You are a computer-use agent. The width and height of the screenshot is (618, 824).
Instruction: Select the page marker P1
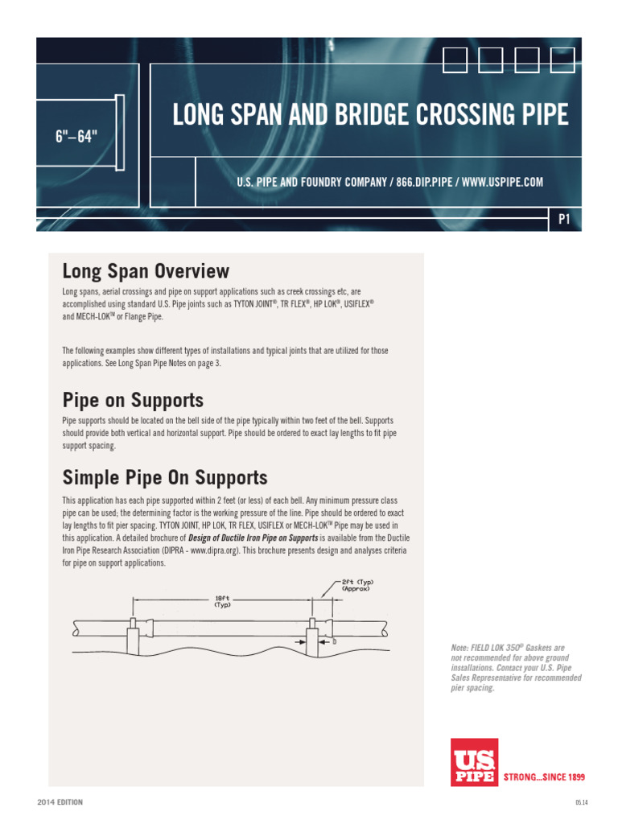pos(563,220)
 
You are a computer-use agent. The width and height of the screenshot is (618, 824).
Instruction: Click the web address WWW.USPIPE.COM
pos(503,183)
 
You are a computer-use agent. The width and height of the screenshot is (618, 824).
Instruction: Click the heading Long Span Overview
pos(146,271)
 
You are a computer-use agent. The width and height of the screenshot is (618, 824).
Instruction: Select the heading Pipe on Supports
pos(133,400)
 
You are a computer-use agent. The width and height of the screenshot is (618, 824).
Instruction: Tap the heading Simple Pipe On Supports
pos(165,477)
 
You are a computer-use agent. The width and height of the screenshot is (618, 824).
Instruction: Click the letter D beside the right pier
pos(333,642)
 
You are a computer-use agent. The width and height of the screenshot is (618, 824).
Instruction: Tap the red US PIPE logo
pos(474,761)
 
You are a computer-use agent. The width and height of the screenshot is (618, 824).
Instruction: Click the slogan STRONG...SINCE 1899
pos(543,777)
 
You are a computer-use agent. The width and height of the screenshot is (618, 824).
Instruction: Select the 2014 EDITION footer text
pos(60,802)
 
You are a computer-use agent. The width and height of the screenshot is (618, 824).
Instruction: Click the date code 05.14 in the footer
pos(582,802)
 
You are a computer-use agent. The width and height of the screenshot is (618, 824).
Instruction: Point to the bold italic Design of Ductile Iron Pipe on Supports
pos(253,538)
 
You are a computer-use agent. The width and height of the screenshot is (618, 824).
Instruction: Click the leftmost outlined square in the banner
pos(455,59)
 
